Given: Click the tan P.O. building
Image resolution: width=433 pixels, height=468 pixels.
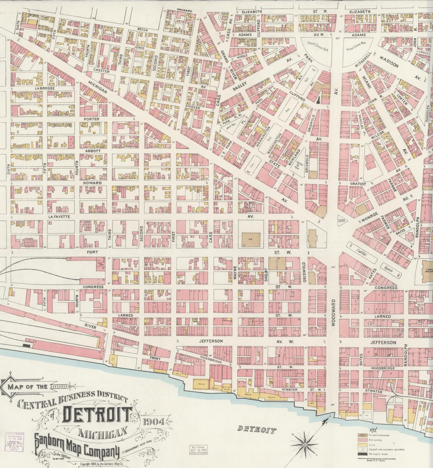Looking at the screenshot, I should [251, 239].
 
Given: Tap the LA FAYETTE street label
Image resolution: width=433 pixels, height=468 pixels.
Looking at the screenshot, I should [60, 216].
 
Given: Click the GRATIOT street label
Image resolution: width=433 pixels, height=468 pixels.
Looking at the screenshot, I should [358, 183].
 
